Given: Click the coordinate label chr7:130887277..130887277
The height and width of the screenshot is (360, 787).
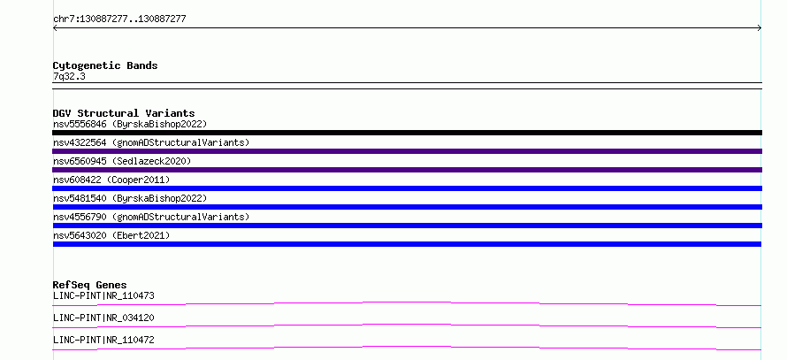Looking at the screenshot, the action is (x=119, y=19).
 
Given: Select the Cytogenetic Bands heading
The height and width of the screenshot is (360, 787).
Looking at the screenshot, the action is (x=105, y=65).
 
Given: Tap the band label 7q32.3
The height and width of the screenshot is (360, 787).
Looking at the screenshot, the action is (x=69, y=76).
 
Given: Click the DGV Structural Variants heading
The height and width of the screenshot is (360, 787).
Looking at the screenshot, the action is (x=124, y=113).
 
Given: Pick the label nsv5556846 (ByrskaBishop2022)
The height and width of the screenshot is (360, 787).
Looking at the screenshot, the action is (x=130, y=124).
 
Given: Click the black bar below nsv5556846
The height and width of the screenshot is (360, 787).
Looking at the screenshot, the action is (x=407, y=133).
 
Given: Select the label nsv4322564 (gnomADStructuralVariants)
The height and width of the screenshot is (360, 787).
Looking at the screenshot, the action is (x=151, y=142).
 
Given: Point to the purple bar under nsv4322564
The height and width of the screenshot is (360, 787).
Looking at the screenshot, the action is (x=407, y=151).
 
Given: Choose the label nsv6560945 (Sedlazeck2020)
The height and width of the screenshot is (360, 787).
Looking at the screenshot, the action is (x=122, y=161).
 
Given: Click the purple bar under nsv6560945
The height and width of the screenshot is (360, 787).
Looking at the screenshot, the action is (x=407, y=170).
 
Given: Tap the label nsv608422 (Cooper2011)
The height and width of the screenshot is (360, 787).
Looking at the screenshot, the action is (x=111, y=180).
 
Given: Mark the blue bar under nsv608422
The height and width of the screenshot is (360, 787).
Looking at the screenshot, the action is (x=407, y=188).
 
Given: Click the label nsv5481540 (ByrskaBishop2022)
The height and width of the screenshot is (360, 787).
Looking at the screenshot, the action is (x=130, y=198).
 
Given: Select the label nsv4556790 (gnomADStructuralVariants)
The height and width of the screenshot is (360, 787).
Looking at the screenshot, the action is (x=151, y=217).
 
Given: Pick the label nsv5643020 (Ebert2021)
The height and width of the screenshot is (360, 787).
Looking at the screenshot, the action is (x=111, y=235).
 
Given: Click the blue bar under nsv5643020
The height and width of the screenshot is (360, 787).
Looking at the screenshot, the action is (x=407, y=244).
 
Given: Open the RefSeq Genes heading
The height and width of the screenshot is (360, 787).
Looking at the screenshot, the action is (x=90, y=285).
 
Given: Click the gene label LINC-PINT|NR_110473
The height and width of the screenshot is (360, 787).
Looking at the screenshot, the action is (x=103, y=295).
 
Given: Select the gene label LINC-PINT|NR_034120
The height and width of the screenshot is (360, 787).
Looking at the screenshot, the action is (x=103, y=318).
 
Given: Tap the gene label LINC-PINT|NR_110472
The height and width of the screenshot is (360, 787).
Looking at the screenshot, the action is (x=103, y=340).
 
